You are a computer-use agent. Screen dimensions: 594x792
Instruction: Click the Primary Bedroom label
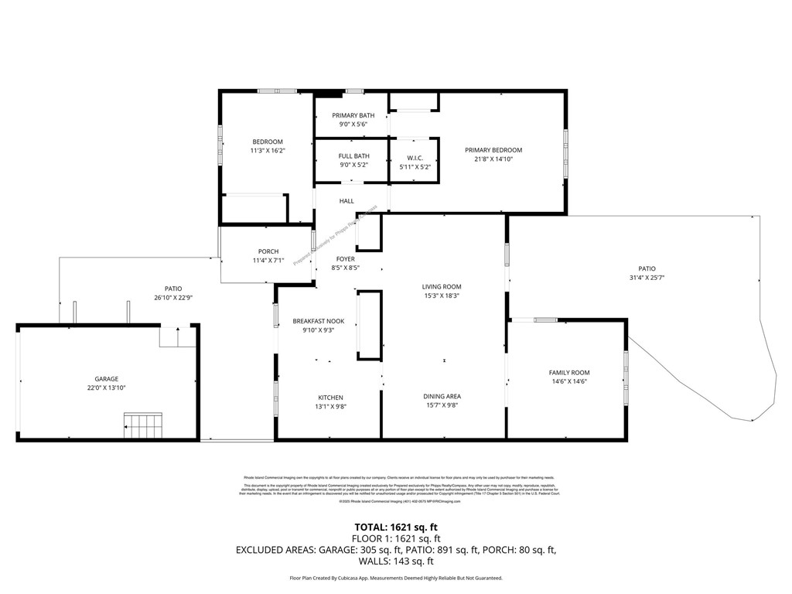[x=493, y=150]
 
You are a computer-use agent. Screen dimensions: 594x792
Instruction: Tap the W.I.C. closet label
[x=415, y=158]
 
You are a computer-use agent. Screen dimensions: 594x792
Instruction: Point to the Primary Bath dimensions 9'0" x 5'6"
[x=353, y=125]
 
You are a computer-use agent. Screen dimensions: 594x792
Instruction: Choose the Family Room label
[x=569, y=373]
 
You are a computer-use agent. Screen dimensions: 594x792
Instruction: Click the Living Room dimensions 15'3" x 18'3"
[x=441, y=295]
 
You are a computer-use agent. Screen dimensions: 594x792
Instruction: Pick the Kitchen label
[x=329, y=398]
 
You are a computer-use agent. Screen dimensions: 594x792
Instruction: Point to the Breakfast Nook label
[x=312, y=321]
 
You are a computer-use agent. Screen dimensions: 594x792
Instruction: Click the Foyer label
[x=345, y=259]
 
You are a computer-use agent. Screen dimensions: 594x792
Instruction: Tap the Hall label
[x=346, y=201]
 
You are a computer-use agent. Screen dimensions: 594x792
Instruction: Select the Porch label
[x=268, y=251]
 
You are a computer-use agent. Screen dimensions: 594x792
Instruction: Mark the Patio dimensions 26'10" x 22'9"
[x=173, y=297]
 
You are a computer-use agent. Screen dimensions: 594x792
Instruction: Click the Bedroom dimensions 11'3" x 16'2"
[x=268, y=151]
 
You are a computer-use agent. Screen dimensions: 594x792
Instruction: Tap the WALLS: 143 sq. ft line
[x=395, y=562]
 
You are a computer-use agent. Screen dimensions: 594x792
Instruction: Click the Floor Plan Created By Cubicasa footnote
[x=395, y=578]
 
